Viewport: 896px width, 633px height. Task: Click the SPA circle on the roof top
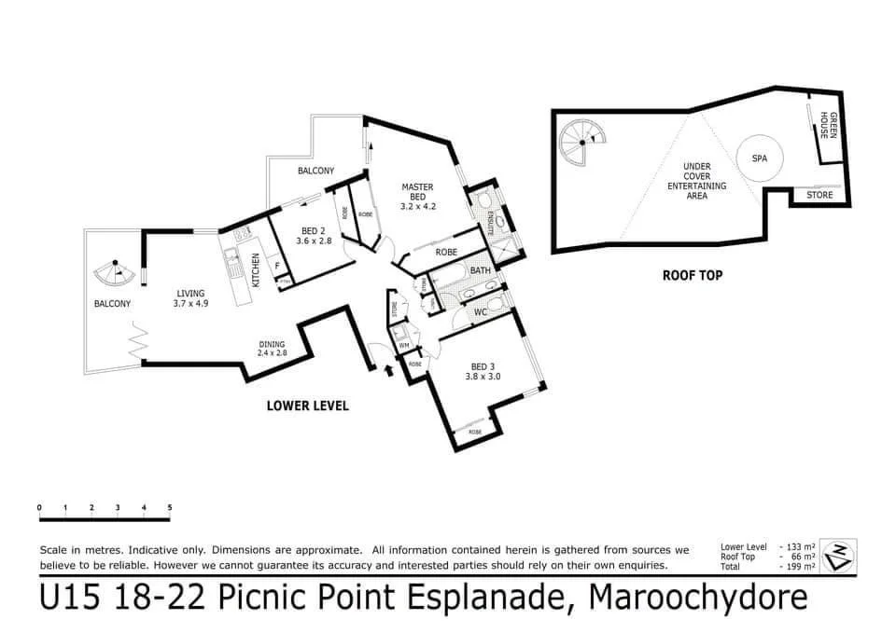point(759,158)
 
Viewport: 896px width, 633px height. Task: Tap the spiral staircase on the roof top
point(582,142)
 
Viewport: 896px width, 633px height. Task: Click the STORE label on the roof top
point(820,195)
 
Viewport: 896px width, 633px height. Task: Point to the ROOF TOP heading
point(693,275)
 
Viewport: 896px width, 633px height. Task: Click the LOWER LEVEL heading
point(307,406)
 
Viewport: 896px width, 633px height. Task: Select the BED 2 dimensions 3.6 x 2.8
point(311,241)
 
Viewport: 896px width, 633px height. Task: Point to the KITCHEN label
point(255,269)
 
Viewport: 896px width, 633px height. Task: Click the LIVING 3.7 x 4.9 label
point(189,297)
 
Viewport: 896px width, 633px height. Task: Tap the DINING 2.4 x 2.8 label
point(272,350)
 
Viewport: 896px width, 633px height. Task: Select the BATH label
point(480,270)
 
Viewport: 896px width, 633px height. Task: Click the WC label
point(480,313)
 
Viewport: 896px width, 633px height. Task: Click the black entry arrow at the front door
point(389,370)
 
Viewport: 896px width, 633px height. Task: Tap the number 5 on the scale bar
point(170,507)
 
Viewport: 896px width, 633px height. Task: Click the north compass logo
point(843,553)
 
